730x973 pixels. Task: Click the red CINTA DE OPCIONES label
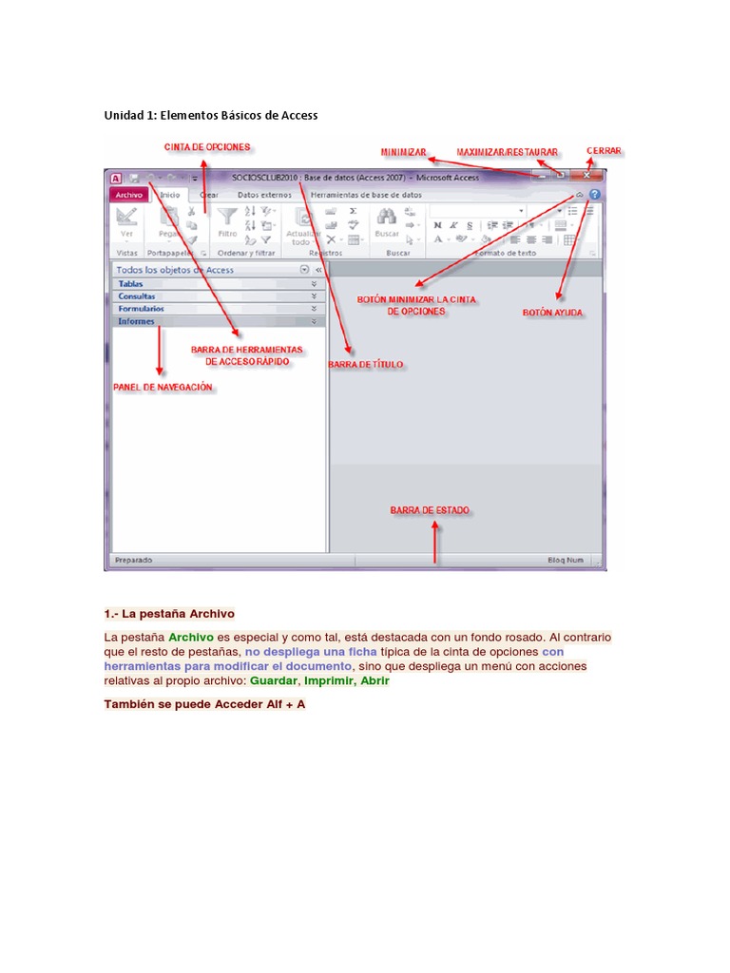(x=207, y=147)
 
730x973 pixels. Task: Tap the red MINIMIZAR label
(x=403, y=152)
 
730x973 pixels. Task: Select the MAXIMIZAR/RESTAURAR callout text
(x=507, y=152)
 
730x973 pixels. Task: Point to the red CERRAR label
(x=605, y=151)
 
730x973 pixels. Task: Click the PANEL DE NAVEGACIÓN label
(x=163, y=388)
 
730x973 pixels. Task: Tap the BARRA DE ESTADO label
(x=429, y=510)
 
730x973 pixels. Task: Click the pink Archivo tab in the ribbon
(x=127, y=195)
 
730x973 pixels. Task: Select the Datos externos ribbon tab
(x=264, y=195)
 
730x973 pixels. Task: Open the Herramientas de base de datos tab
(x=366, y=195)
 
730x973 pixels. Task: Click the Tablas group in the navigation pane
(x=131, y=284)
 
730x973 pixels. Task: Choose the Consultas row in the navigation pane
(x=137, y=296)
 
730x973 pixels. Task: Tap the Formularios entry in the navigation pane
(x=141, y=309)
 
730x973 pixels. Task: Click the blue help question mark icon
(x=594, y=195)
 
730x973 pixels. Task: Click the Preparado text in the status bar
(x=133, y=561)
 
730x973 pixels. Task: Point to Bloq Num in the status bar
(x=567, y=561)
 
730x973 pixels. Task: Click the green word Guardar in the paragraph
(x=273, y=681)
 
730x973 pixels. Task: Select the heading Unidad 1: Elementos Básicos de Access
(x=210, y=115)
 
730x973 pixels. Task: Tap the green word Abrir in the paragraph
(x=375, y=681)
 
